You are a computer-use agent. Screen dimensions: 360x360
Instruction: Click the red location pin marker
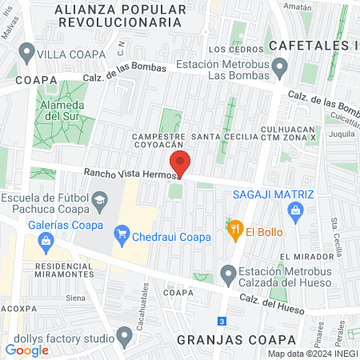(180, 162)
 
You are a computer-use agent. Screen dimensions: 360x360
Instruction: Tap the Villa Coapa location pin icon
(26, 54)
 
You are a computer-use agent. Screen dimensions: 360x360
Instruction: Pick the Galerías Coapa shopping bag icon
(46, 239)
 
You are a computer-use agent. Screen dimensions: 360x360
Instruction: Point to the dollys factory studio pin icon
(123, 334)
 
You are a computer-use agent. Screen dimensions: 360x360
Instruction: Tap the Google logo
(26, 350)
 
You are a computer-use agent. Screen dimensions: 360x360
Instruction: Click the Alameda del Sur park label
(58, 110)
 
